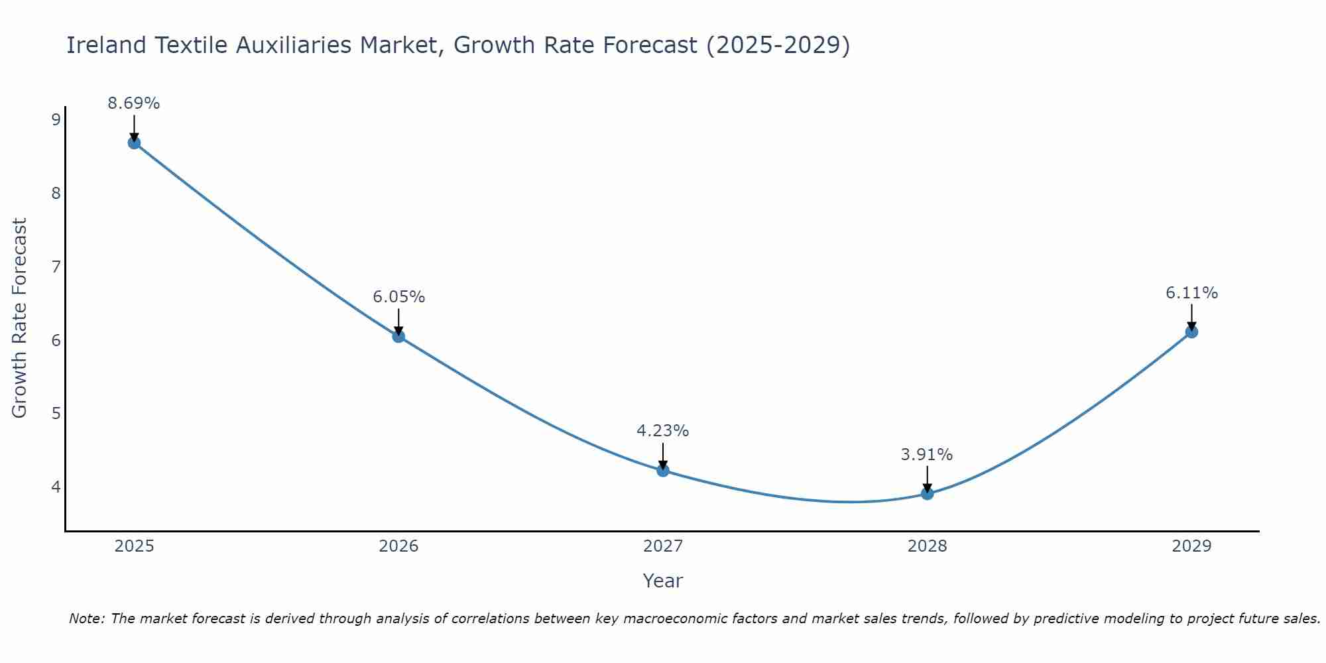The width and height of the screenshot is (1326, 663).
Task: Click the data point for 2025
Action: (134, 143)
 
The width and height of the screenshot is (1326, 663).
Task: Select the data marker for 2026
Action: (398, 336)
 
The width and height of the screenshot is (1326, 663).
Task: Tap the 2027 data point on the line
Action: (663, 470)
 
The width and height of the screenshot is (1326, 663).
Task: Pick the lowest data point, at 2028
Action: (927, 493)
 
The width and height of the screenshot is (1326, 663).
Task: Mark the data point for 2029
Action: (1191, 331)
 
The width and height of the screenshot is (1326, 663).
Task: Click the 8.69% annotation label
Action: (134, 103)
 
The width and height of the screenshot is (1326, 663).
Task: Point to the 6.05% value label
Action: (398, 297)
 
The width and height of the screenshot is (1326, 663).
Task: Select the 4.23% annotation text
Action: (663, 431)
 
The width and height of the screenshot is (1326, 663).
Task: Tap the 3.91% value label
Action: (927, 455)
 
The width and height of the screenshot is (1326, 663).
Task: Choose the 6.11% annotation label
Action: (1191, 293)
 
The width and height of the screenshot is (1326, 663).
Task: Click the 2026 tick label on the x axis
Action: (398, 546)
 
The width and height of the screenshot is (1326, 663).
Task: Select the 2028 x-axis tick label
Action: (927, 546)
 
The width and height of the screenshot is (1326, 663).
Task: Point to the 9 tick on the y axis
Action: (56, 120)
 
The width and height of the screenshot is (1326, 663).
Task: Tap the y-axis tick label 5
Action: (56, 414)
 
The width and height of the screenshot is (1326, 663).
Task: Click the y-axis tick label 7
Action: (56, 267)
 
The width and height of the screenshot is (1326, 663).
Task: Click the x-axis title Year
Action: (663, 581)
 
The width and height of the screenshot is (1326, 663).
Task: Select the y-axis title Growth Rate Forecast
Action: (20, 318)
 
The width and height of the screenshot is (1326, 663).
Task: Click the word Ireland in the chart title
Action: (106, 45)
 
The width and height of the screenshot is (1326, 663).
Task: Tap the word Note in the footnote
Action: (86, 619)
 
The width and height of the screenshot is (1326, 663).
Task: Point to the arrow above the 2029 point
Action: (1191, 317)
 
